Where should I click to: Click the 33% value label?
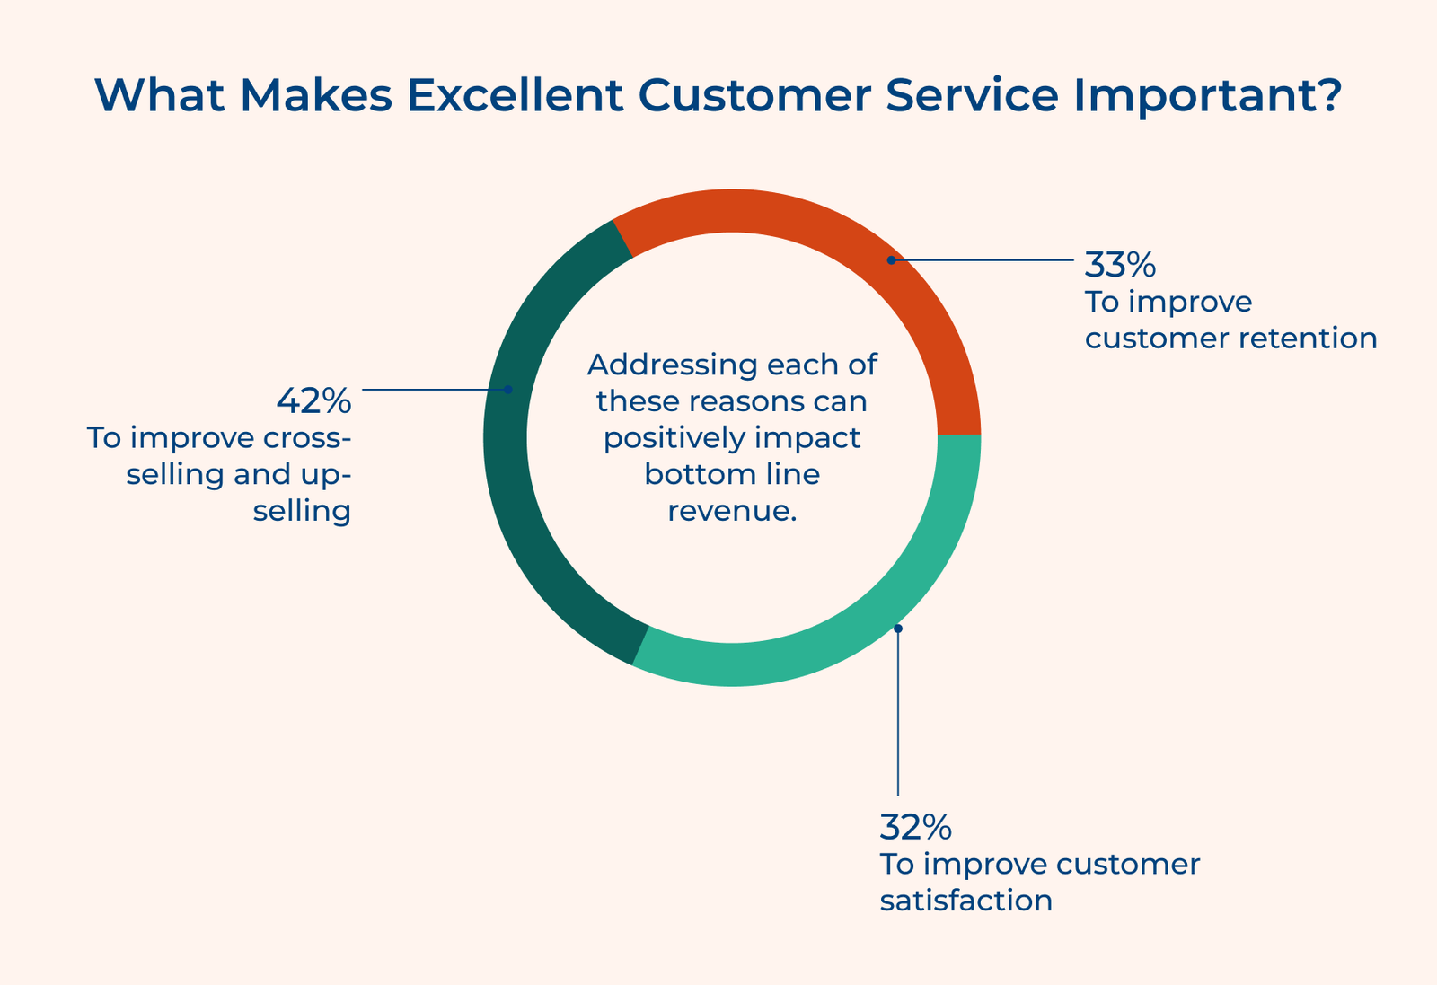point(1120,265)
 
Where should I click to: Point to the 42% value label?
point(313,401)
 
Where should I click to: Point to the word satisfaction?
point(965,901)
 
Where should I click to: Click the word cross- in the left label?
point(304,438)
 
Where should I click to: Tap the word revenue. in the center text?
point(732,511)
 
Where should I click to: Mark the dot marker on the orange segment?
point(891,260)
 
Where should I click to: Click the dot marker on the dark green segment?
point(507,390)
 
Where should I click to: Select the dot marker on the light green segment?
point(897,629)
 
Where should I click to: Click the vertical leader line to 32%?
point(897,718)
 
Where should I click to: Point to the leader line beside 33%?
point(988,260)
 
